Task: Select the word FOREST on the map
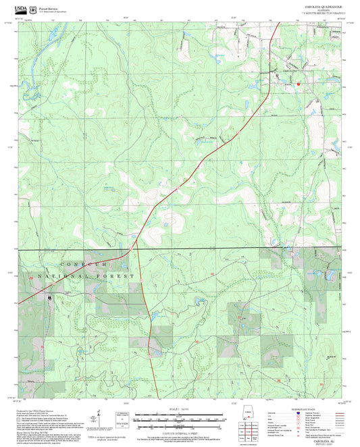(x=122, y=277)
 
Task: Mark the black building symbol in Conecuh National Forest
(x=50, y=296)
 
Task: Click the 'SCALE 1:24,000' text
(x=180, y=410)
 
